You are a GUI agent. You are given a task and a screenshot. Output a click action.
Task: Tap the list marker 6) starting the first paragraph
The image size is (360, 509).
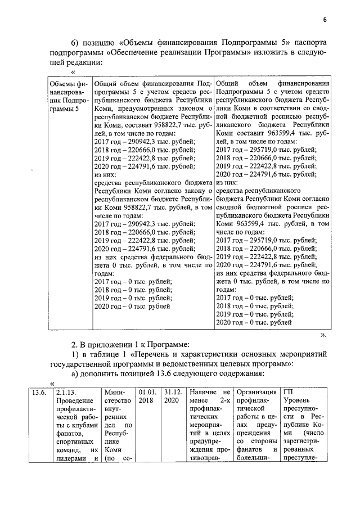75,44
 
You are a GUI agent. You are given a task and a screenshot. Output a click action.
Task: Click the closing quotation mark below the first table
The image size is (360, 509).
323,335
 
